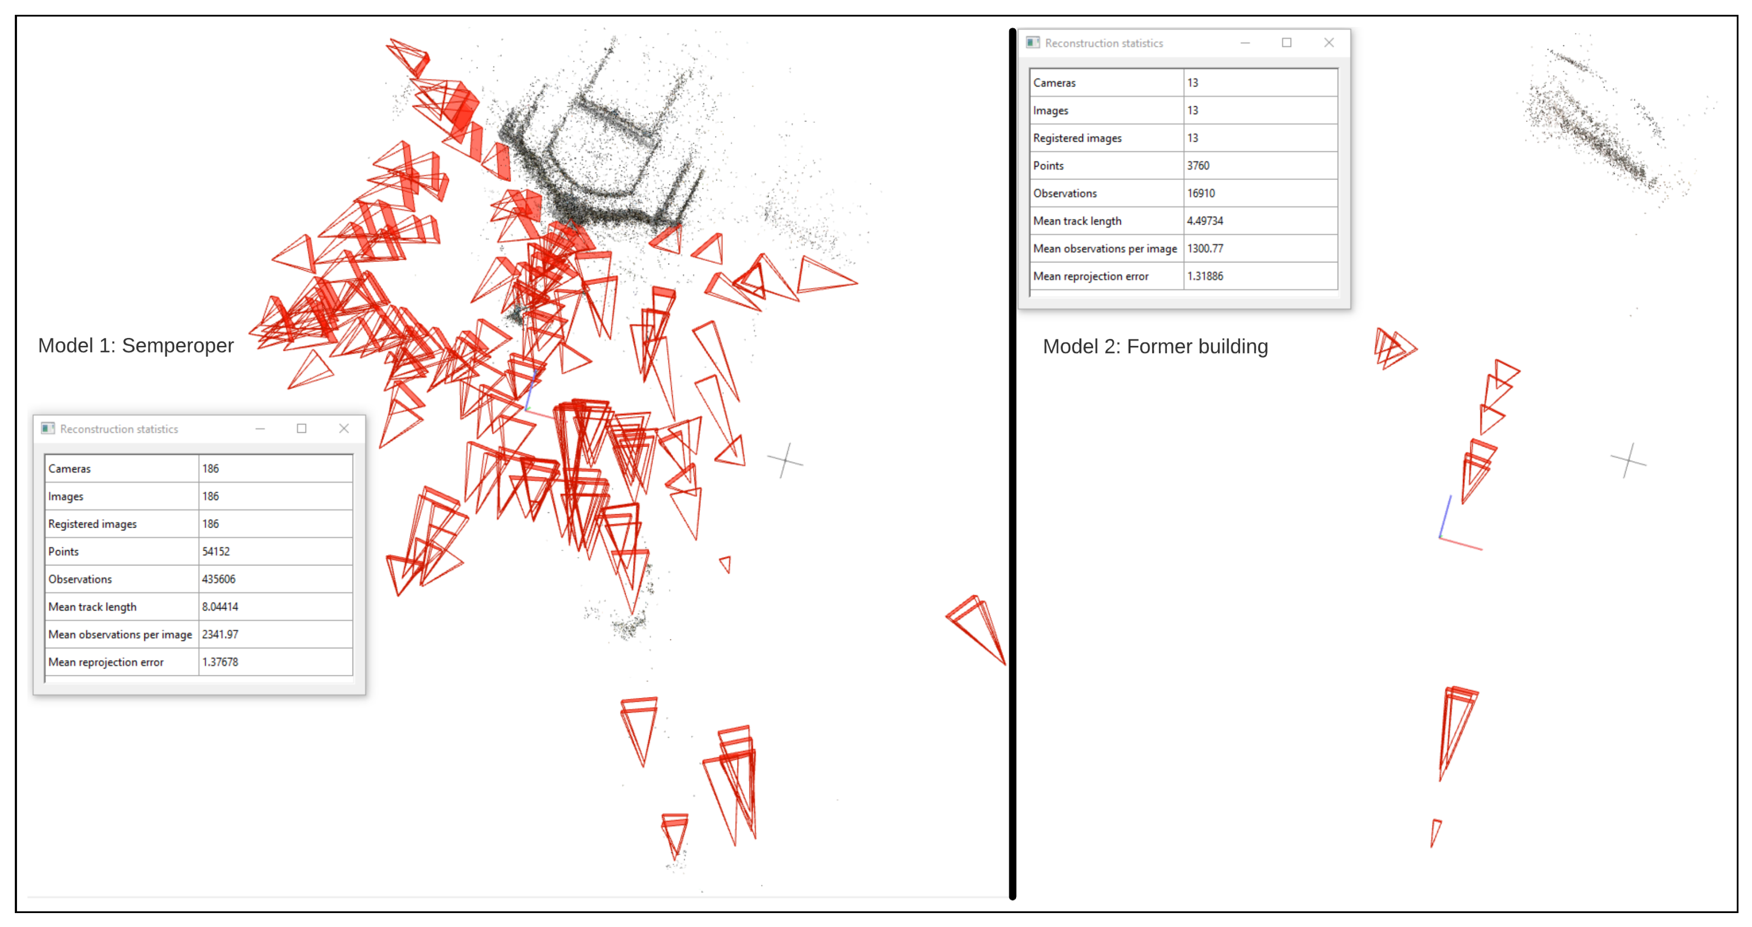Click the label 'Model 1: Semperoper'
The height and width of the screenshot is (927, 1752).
pyautogui.click(x=136, y=345)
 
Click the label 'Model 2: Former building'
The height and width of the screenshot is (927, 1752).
pyautogui.click(x=1155, y=347)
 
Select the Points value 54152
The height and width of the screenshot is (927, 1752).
pyautogui.click(x=216, y=551)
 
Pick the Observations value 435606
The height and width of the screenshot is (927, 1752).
pyautogui.click(x=218, y=579)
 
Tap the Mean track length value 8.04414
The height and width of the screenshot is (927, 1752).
pyautogui.click(x=220, y=607)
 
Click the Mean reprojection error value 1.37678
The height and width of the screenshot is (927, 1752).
pyautogui.click(x=220, y=662)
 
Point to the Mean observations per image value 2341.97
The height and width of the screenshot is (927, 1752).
pyautogui.click(x=220, y=635)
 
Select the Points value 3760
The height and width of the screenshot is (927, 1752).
pyautogui.click(x=1198, y=166)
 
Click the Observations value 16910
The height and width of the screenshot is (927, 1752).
pyautogui.click(x=1200, y=193)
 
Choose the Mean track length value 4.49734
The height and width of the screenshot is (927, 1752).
pyautogui.click(x=1204, y=221)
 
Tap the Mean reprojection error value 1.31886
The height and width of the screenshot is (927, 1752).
pyautogui.click(x=1204, y=276)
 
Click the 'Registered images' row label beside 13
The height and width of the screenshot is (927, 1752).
pyautogui.click(x=1078, y=138)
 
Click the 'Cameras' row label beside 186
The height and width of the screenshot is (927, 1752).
pyautogui.click(x=69, y=469)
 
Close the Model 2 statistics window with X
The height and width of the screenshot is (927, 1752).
pyautogui.click(x=1328, y=43)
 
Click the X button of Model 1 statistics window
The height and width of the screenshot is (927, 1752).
pyautogui.click(x=343, y=429)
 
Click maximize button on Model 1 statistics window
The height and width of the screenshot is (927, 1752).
pyautogui.click(x=301, y=429)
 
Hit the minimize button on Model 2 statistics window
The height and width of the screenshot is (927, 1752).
pyautogui.click(x=1245, y=43)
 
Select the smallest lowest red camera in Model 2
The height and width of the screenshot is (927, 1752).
pyautogui.click(x=1435, y=831)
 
